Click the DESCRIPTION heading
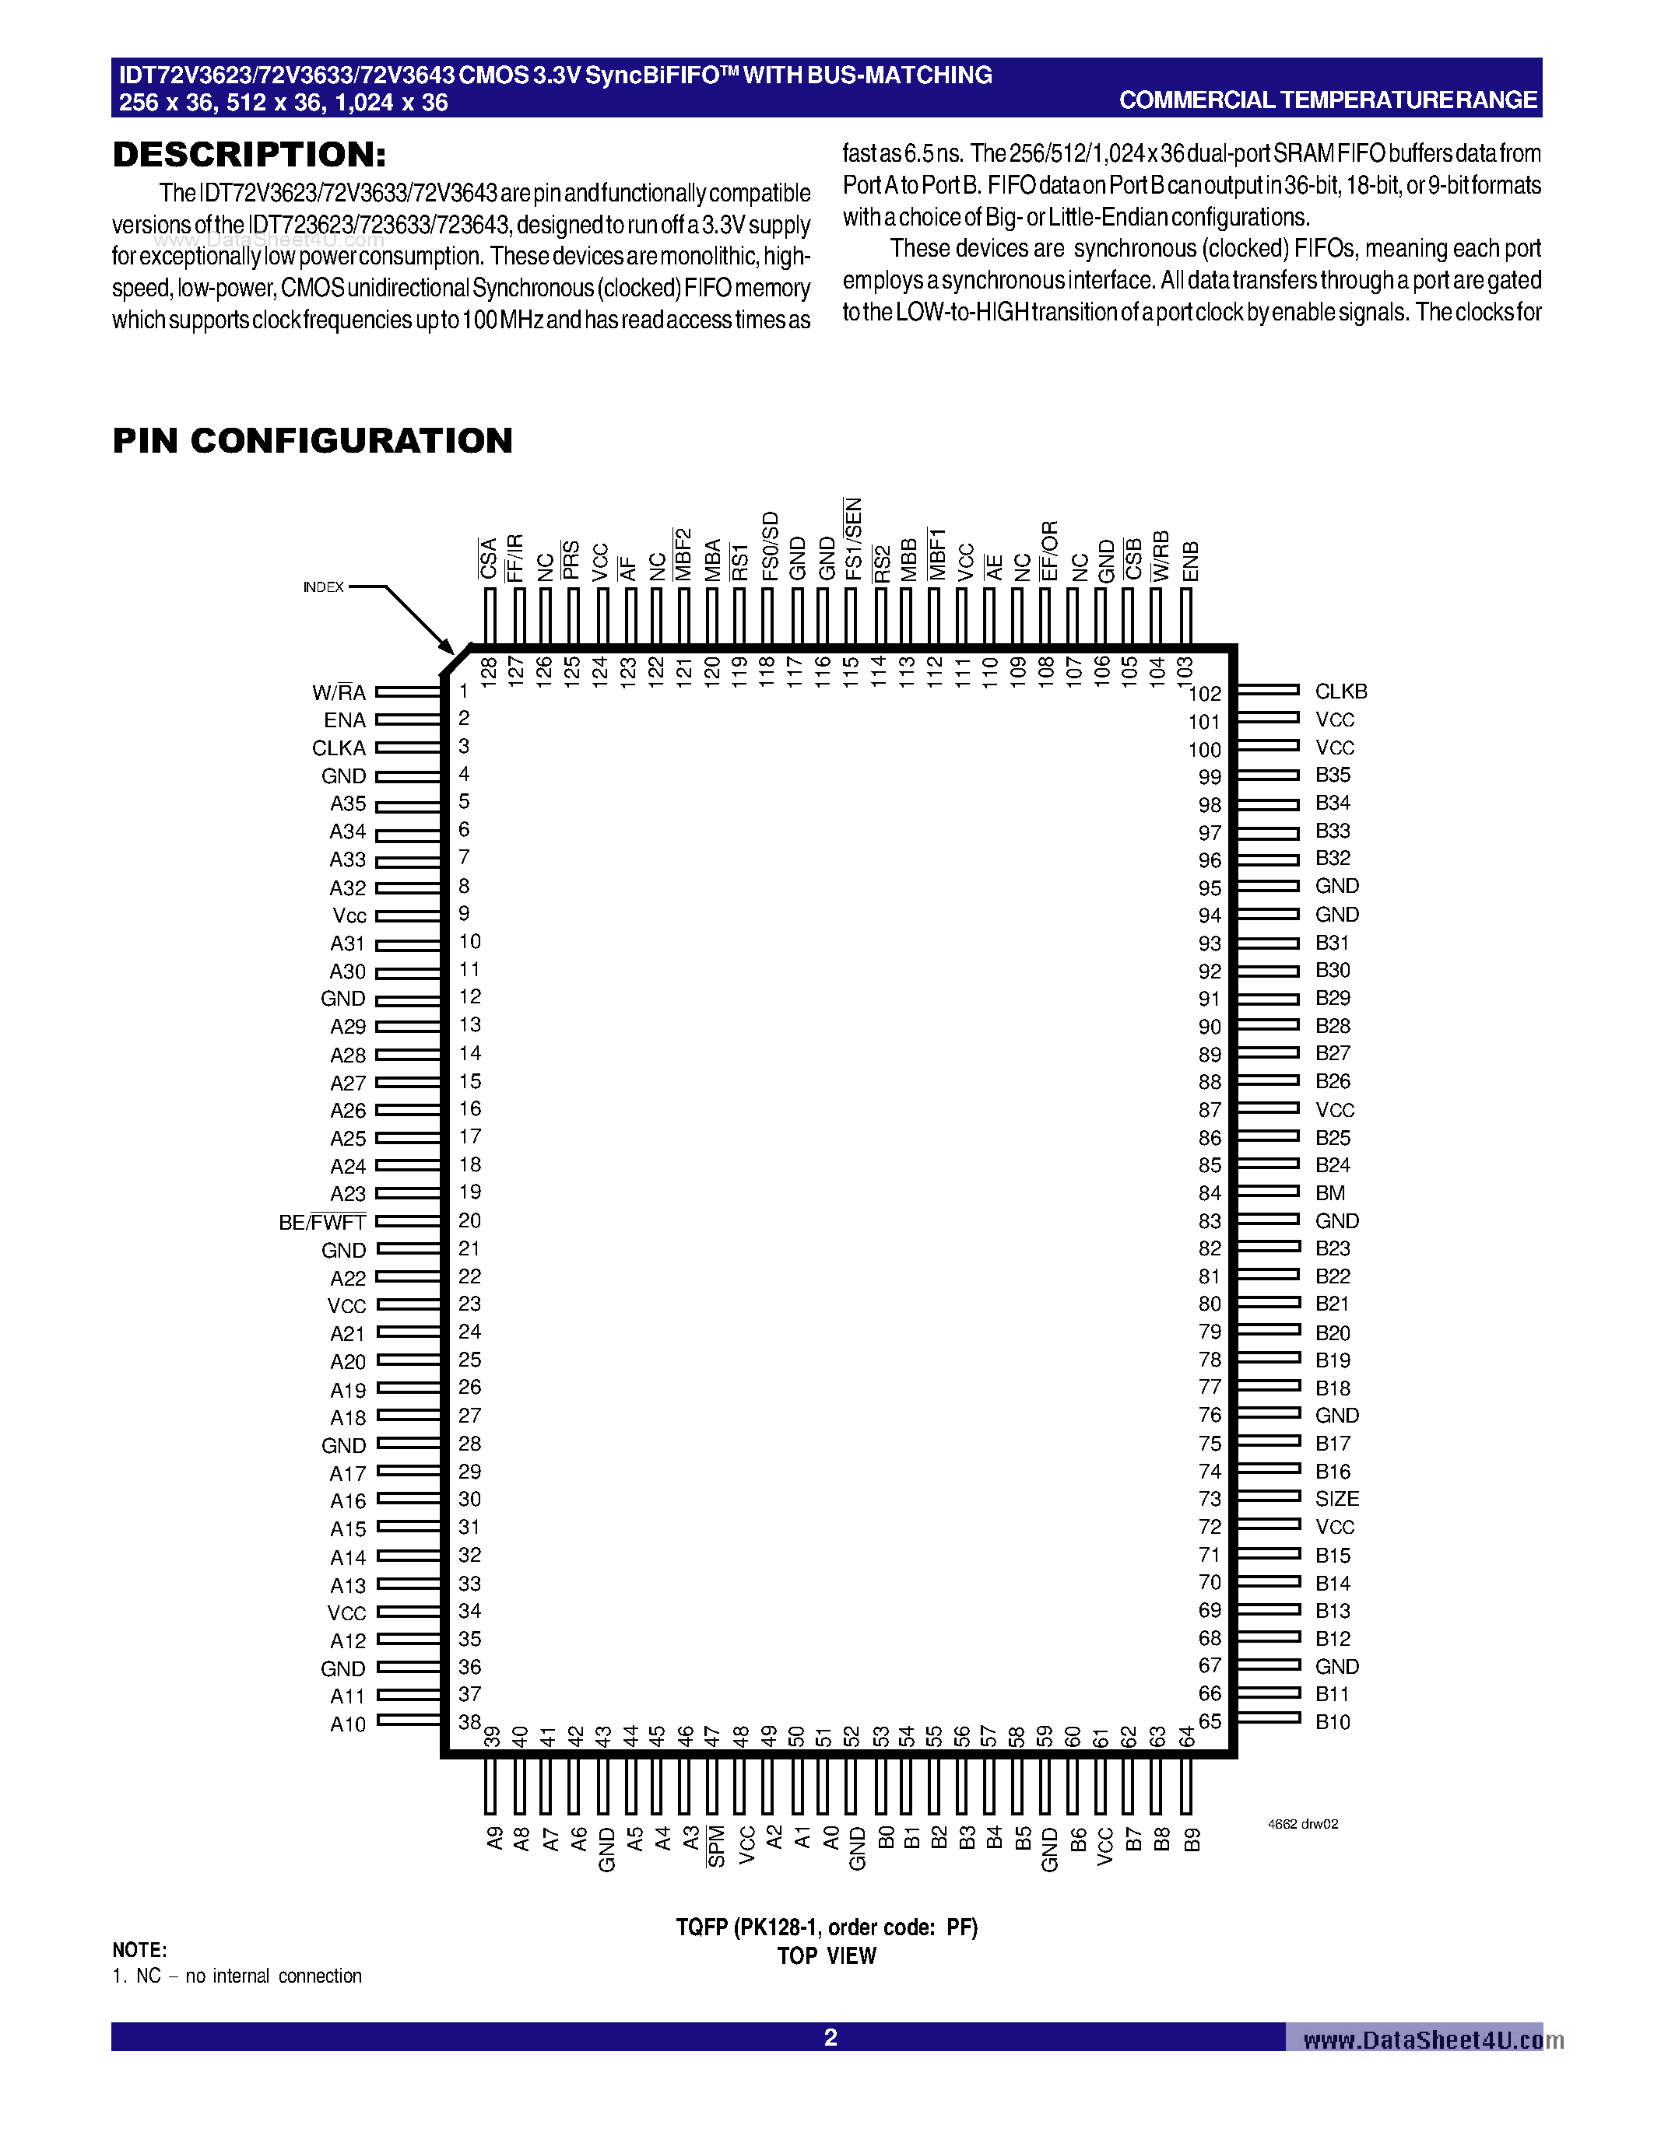(x=249, y=155)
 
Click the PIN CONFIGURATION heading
(x=313, y=441)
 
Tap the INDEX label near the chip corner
(x=323, y=586)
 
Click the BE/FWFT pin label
(x=321, y=1222)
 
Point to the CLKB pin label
(x=1340, y=691)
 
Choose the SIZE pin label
(x=1336, y=1499)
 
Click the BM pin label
(x=1329, y=1193)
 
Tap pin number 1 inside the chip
(x=463, y=691)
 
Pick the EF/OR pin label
(x=1049, y=551)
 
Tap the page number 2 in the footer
(x=830, y=2038)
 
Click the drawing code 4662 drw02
(x=1302, y=1824)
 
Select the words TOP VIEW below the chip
(x=826, y=1956)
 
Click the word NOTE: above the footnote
(x=139, y=1950)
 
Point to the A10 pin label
(x=347, y=1724)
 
